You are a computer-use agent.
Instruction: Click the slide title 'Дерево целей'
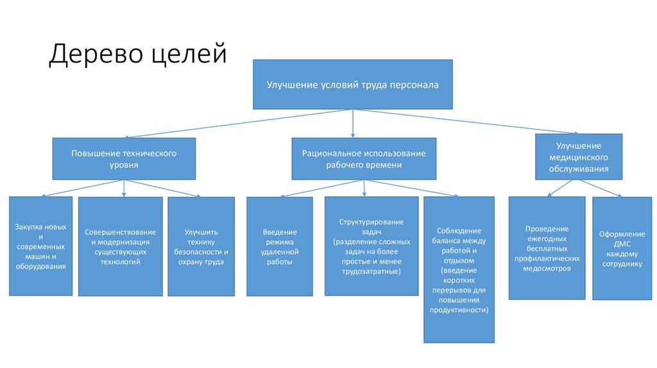click(138, 54)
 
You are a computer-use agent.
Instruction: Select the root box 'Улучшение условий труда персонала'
click(353, 85)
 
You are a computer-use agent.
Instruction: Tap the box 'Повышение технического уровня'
click(124, 158)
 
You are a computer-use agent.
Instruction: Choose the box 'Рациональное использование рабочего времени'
click(364, 158)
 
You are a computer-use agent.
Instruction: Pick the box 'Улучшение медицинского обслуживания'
click(579, 157)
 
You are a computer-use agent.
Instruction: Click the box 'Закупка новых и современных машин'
click(40, 246)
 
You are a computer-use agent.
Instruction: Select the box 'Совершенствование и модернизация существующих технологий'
click(120, 246)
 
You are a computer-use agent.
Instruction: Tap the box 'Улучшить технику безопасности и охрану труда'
click(201, 246)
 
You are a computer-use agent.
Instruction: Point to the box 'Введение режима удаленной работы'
click(280, 246)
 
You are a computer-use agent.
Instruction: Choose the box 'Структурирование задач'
click(371, 246)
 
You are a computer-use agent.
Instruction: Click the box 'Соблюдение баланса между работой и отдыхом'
click(459, 270)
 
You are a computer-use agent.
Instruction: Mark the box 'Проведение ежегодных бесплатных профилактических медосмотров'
click(547, 248)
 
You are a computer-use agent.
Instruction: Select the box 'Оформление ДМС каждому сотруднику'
click(622, 248)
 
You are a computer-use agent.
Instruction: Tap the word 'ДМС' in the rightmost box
click(622, 244)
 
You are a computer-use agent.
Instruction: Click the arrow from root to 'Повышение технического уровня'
click(239, 124)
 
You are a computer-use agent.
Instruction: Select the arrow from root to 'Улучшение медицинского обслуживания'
click(466, 121)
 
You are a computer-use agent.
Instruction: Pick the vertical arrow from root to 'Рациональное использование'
click(353, 124)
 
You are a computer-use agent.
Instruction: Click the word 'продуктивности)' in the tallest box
click(459, 310)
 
